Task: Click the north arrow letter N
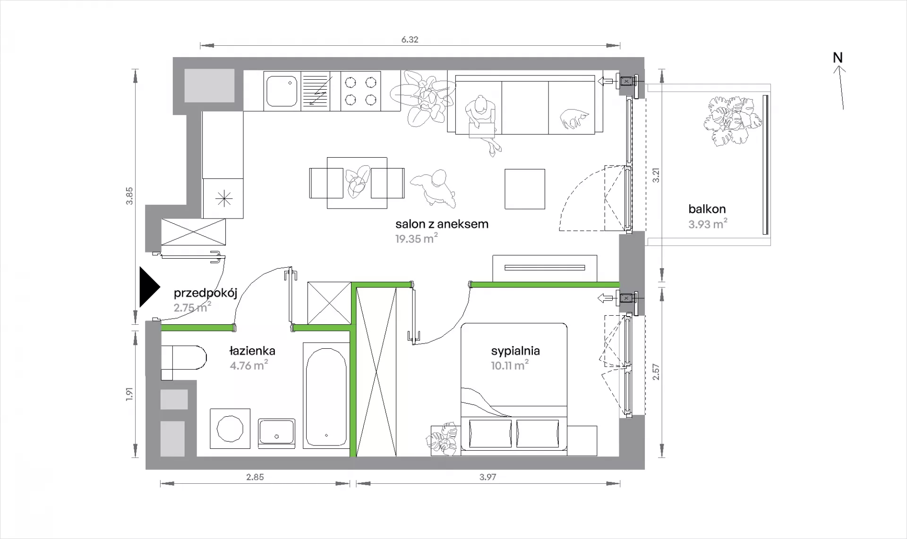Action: click(838, 58)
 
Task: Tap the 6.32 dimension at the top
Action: click(410, 40)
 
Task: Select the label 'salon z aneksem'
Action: click(442, 224)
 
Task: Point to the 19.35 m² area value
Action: click(416, 238)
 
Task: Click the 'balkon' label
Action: click(707, 209)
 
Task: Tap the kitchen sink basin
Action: click(282, 92)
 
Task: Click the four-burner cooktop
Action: click(360, 91)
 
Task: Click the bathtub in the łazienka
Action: click(326, 397)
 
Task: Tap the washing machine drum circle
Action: click(230, 429)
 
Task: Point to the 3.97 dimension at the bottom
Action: click(488, 477)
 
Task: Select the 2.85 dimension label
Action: click(255, 477)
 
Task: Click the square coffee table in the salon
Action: click(525, 189)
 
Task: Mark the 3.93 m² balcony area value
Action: click(708, 224)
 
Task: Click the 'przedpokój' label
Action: click(205, 293)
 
